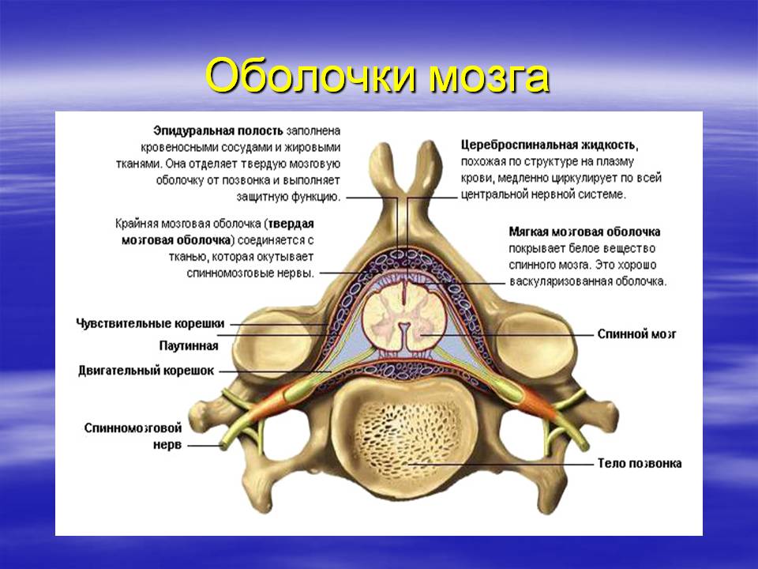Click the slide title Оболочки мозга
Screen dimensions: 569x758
click(377, 77)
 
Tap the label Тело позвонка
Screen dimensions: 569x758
click(639, 463)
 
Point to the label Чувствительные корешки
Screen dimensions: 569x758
click(151, 323)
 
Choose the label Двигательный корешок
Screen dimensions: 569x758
click(146, 370)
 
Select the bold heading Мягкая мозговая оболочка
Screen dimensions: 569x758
click(585, 232)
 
